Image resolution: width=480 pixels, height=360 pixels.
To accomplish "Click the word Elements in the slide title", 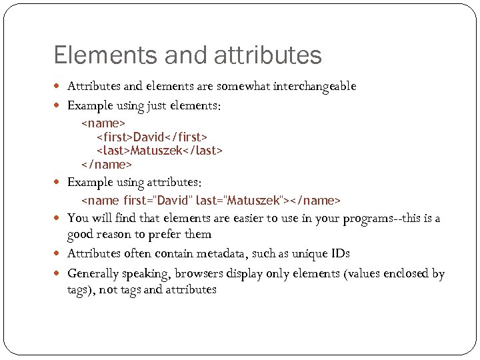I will point(93,55).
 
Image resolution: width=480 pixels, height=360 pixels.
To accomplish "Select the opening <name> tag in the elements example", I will point(103,123).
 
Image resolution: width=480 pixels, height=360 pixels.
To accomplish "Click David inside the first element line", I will point(149,137).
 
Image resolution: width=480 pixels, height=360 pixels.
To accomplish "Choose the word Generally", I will point(93,273).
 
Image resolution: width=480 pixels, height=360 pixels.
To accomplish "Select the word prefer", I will point(168,234).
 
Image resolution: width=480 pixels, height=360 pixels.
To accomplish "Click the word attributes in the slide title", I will point(269,55).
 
